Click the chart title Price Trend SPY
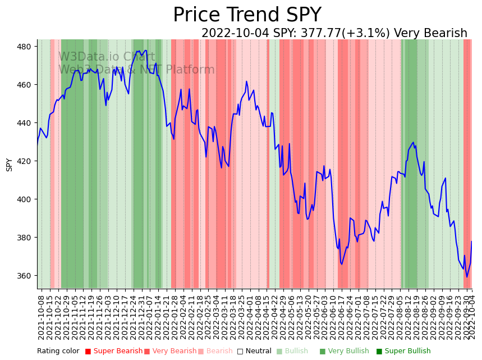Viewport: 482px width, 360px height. click(247, 15)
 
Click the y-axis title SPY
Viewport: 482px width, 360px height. click(9, 164)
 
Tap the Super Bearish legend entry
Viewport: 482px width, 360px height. click(114, 351)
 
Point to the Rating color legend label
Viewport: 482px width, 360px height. click(58, 351)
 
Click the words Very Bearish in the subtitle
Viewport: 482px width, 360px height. click(430, 34)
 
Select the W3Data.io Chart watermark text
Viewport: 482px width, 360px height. click(107, 57)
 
